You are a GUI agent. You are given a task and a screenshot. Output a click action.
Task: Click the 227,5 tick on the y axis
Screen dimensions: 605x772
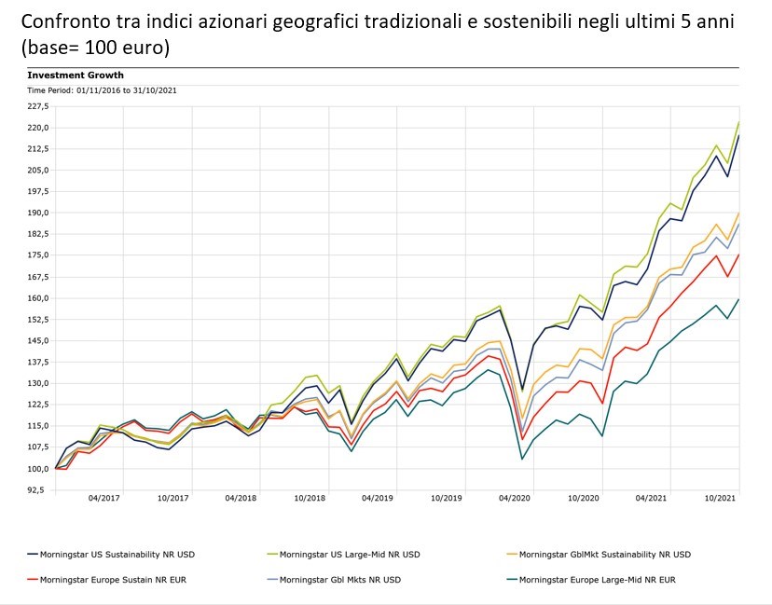(38, 105)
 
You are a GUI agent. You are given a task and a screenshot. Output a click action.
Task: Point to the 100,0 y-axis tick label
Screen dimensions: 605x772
(38, 468)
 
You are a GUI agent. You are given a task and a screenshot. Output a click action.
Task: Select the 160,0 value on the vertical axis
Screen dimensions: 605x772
(38, 298)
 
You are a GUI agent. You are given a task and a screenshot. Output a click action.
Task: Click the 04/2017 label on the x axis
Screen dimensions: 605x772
(104, 499)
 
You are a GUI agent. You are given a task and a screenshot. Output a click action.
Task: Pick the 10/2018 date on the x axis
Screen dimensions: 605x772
(310, 499)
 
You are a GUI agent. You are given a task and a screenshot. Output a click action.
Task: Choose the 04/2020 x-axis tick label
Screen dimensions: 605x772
(515, 499)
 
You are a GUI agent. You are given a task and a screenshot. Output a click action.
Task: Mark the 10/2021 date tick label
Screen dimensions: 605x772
(720, 499)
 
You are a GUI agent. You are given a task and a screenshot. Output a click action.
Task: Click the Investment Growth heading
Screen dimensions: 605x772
(76, 75)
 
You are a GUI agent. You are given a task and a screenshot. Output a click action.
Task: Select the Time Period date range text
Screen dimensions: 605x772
(102, 90)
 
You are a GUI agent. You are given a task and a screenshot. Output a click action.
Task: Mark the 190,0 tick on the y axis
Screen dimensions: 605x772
(38, 213)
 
